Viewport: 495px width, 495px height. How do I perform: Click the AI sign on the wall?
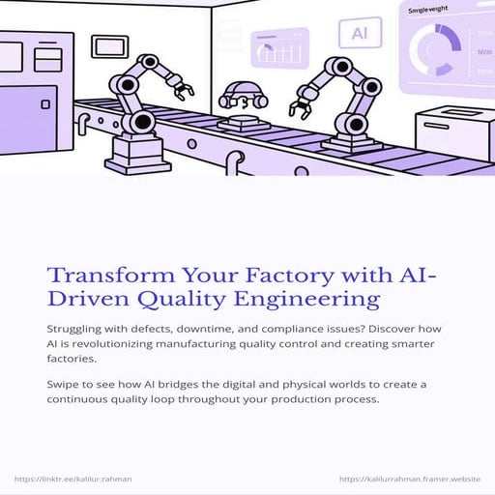coord(360,33)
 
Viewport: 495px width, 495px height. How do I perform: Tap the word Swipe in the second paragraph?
coord(65,385)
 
